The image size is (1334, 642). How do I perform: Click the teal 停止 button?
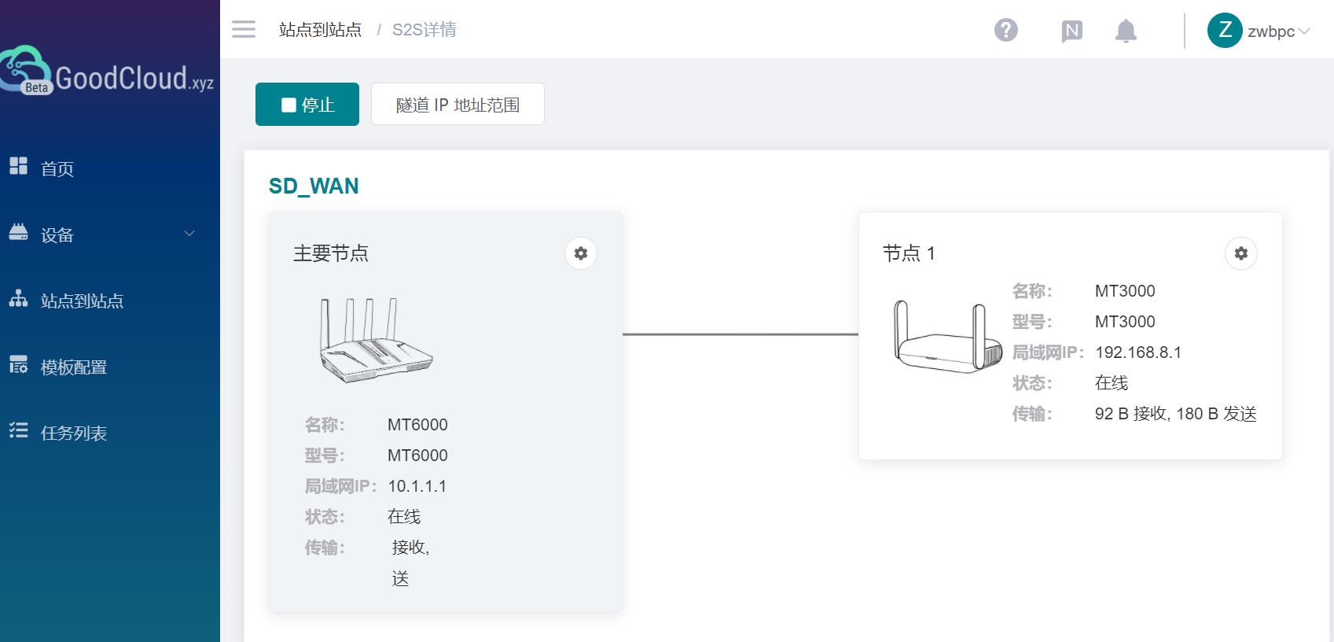(307, 104)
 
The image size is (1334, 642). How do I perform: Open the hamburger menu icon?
(244, 30)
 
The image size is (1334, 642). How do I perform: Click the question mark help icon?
(1005, 31)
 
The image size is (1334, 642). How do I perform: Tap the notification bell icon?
(1126, 31)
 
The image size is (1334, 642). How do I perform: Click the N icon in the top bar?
(1071, 31)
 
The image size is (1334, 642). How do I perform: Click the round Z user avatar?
(1224, 31)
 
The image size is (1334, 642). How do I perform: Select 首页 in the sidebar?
(57, 168)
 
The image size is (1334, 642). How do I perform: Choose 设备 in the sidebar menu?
(57, 234)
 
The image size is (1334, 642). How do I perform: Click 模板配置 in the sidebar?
(73, 367)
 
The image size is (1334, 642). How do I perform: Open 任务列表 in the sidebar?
(73, 433)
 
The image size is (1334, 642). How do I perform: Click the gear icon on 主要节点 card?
(580, 253)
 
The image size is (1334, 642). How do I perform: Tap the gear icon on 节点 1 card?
(1240, 253)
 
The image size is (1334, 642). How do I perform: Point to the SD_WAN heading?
(314, 186)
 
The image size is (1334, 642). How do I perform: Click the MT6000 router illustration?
(376, 340)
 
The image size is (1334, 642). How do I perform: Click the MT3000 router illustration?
(947, 337)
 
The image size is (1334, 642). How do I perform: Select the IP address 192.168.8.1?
(1137, 352)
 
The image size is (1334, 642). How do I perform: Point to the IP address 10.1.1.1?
(417, 486)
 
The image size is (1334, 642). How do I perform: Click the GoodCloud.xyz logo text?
(134, 78)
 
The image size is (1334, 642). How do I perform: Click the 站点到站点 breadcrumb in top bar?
(320, 30)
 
